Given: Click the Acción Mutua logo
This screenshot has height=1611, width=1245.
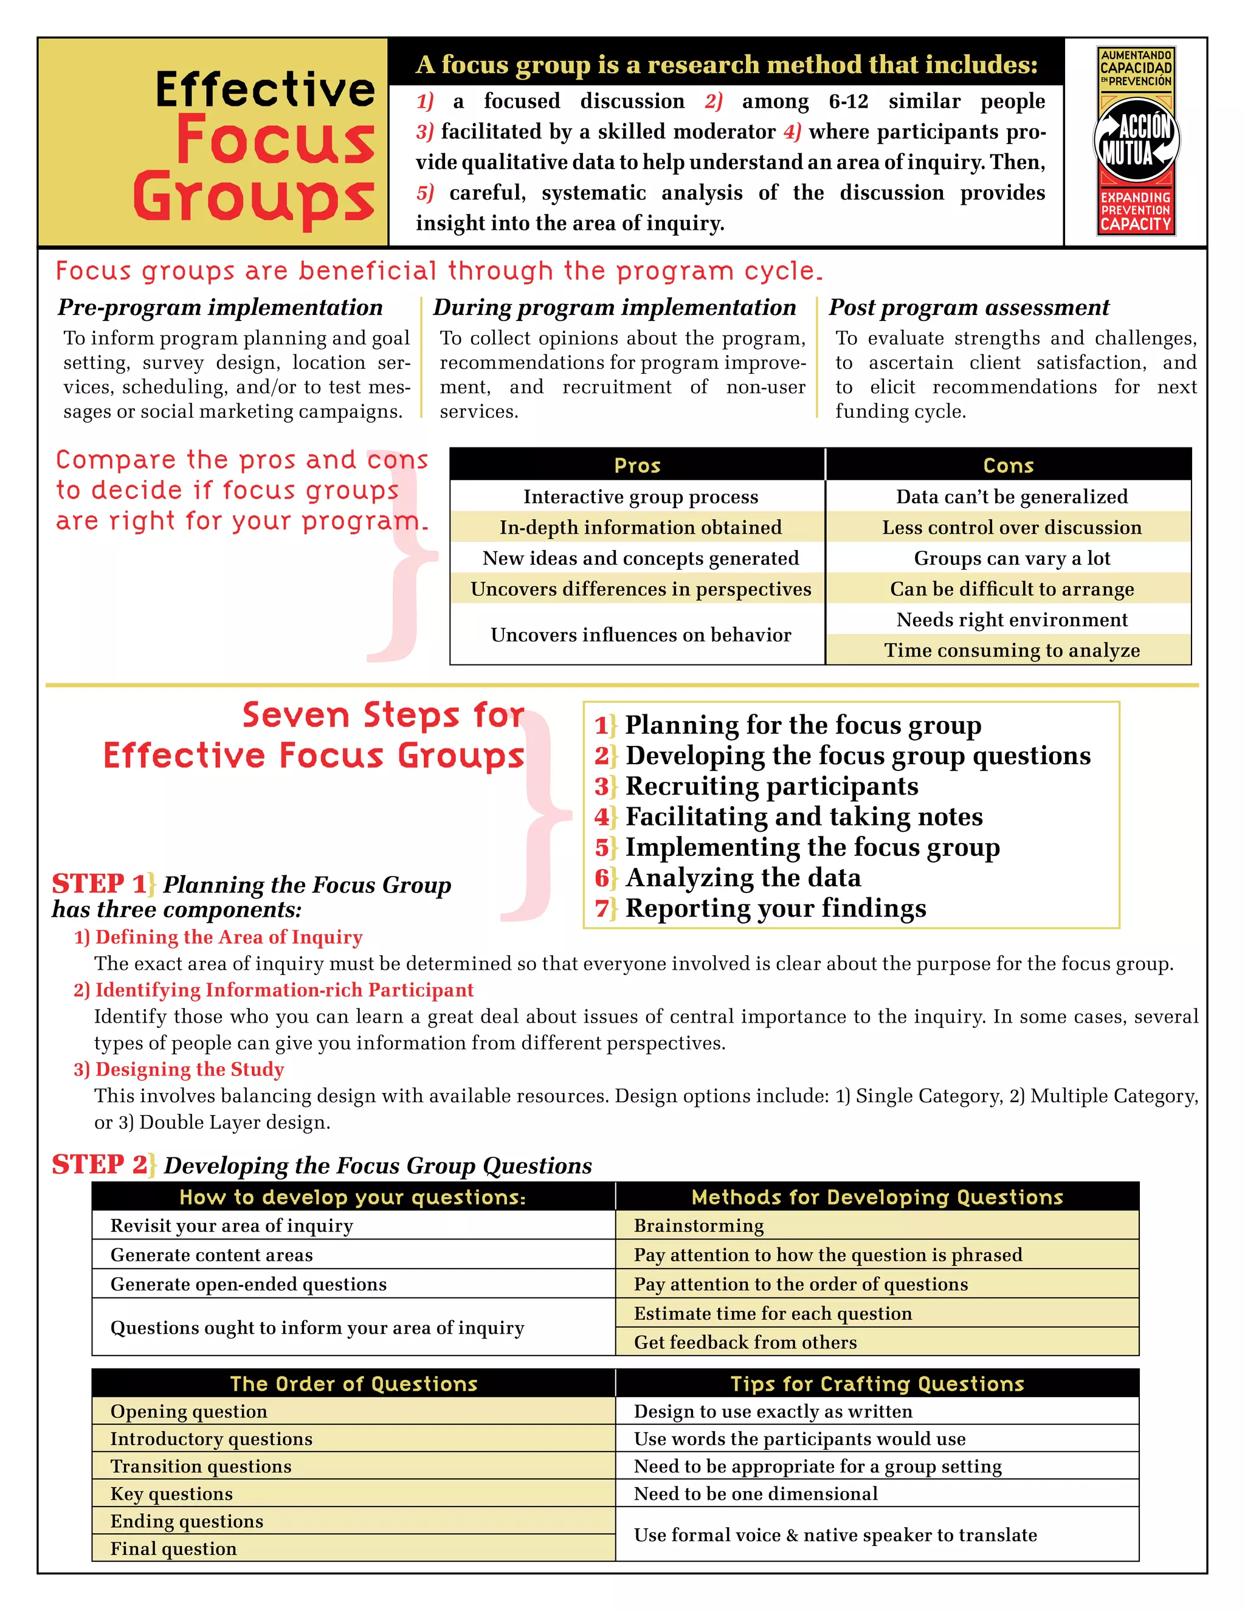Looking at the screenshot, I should click(1136, 141).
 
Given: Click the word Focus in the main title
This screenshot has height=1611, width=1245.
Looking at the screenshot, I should click(275, 140).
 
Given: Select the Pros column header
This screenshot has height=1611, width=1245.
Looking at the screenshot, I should click(637, 466).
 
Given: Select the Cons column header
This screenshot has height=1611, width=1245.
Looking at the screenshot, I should click(1009, 466).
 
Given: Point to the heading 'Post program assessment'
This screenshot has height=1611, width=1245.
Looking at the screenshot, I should click(968, 307).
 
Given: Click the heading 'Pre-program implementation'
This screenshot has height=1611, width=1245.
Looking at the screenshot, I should click(220, 307).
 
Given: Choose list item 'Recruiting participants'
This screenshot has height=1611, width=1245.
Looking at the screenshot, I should click(771, 786).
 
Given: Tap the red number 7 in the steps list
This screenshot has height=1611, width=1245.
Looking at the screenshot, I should click(602, 908).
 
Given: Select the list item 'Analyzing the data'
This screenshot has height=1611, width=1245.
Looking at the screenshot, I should click(743, 878).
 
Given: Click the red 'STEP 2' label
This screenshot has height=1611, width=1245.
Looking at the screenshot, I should click(100, 1164).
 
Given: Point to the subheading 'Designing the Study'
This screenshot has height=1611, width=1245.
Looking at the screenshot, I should click(190, 1069).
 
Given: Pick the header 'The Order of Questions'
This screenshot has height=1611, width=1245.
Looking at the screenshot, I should click(353, 1384).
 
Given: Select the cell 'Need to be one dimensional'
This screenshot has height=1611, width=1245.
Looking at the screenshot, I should click(755, 1494).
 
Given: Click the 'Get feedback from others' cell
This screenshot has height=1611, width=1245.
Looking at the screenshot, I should click(745, 1342).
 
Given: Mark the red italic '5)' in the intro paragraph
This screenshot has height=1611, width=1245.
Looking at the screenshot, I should click(425, 193).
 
